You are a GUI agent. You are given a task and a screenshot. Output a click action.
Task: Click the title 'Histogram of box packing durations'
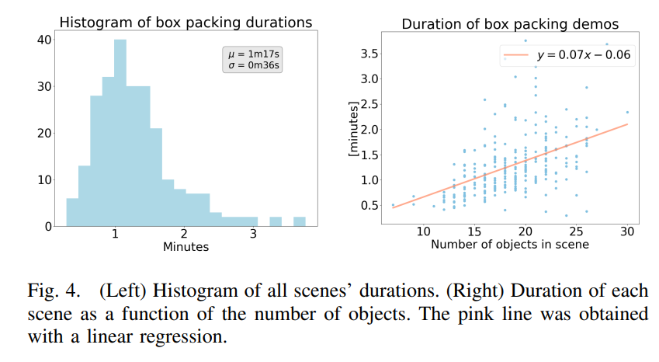point(186,23)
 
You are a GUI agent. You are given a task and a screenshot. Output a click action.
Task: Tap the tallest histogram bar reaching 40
point(120,132)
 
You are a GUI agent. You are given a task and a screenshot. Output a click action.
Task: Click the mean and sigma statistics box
point(253,59)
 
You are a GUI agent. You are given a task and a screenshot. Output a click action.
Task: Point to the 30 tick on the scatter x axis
point(627,231)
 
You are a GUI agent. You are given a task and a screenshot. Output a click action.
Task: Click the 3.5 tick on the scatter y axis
point(367,54)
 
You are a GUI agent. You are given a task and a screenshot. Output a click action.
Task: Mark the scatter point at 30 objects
point(627,112)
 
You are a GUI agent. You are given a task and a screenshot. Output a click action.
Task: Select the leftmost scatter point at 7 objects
point(393,205)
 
